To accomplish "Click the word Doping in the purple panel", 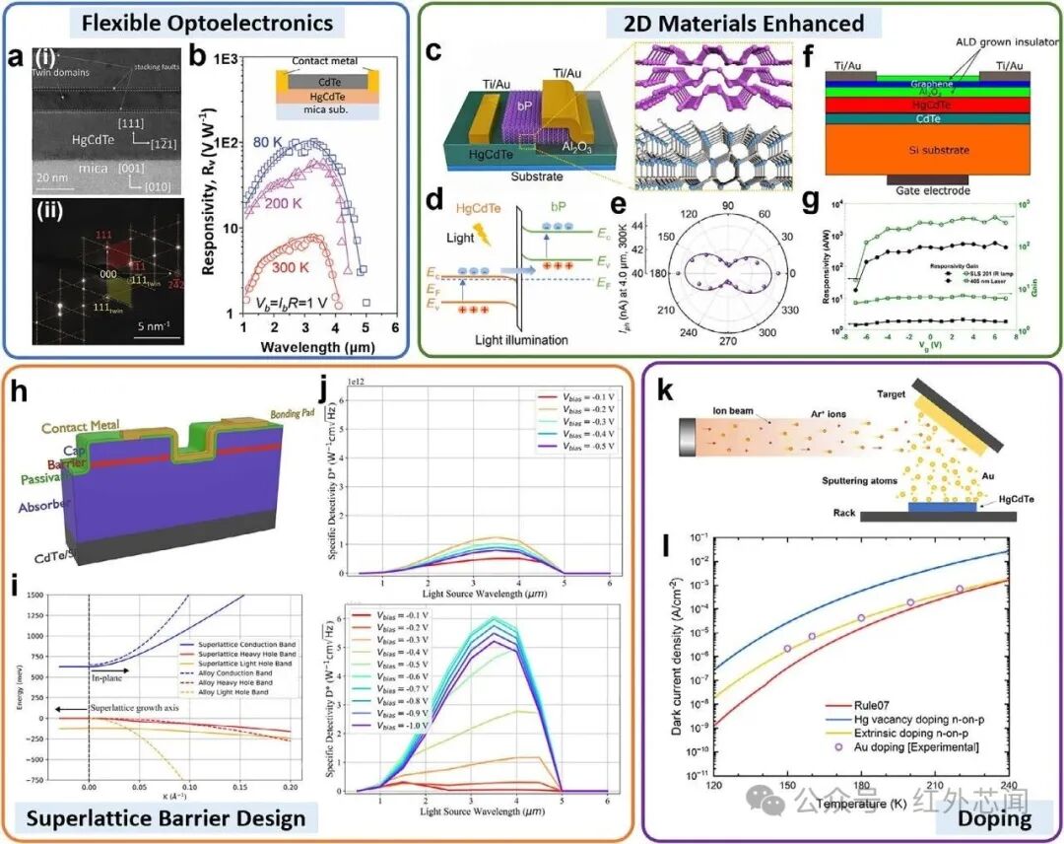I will click(x=996, y=817).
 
